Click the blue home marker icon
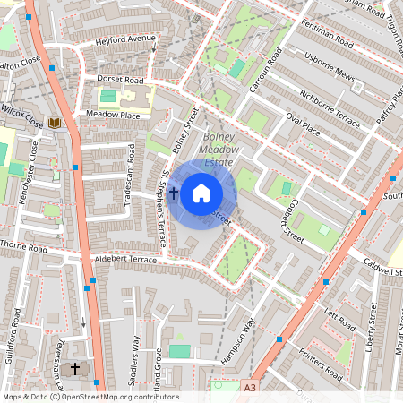point(201,193)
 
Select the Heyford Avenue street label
point(126,40)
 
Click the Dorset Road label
point(120,80)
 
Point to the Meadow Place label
point(113,115)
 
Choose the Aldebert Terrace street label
point(124,259)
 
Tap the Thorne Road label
point(23,246)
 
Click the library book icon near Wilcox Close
point(55,122)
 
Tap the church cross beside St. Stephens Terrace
point(172,192)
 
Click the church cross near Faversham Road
point(75,368)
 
